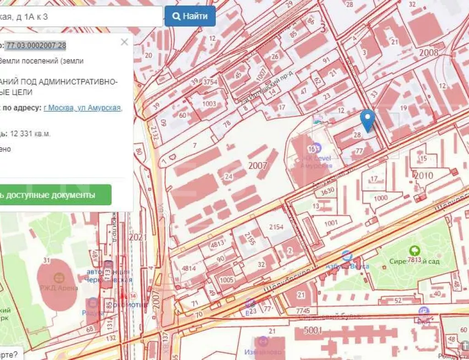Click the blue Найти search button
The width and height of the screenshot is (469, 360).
point(190,16)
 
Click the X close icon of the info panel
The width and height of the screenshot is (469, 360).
point(124,42)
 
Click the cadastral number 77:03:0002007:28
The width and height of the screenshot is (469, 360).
point(36,45)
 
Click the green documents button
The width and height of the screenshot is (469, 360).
point(55,195)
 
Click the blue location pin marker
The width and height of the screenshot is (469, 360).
point(367,120)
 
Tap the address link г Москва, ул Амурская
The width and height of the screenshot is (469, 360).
point(82,108)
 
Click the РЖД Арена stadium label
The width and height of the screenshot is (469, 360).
point(59,288)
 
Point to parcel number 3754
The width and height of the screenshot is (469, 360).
point(210,82)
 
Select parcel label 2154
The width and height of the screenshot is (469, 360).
point(277,227)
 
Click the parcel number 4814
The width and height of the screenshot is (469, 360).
point(189,268)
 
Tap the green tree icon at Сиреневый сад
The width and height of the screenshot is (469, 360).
point(415,250)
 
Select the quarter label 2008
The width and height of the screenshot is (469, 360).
point(429,52)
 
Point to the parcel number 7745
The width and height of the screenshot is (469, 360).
point(303,311)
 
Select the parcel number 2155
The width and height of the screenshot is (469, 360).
point(250,239)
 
